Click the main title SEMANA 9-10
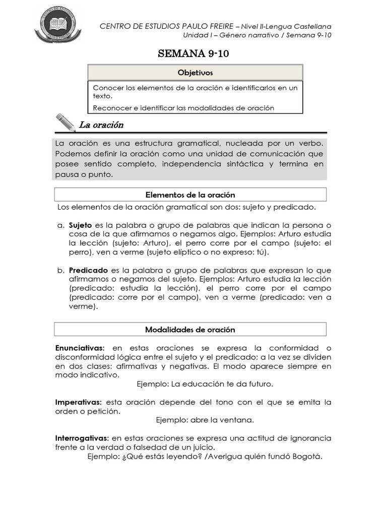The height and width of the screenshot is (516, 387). click(193, 54)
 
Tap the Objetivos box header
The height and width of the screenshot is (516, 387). click(195, 73)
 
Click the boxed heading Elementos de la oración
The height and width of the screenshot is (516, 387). click(190, 195)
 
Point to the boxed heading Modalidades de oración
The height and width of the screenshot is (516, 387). click(190, 330)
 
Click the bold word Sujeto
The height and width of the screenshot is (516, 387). click(80, 225)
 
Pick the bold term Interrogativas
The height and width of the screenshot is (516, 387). click(82, 438)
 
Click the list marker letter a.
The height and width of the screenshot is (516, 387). click(59, 225)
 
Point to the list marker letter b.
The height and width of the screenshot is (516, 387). click(59, 270)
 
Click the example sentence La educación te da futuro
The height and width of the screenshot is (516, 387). click(222, 384)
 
